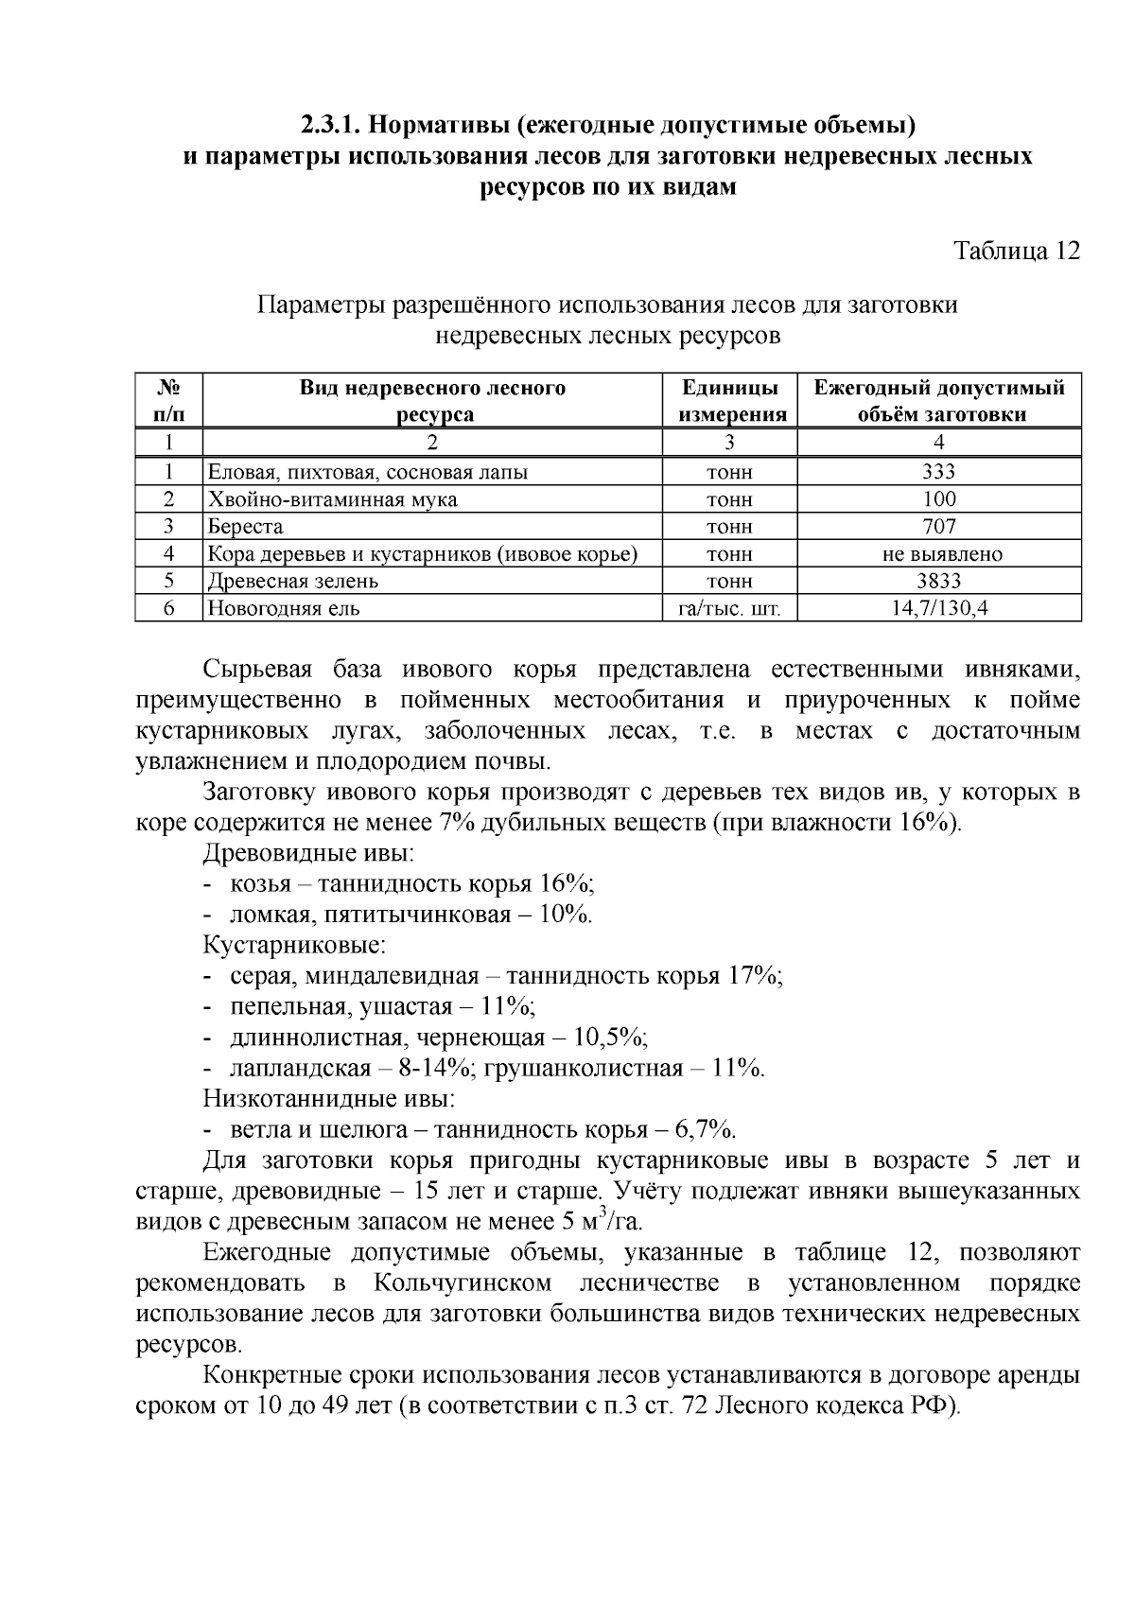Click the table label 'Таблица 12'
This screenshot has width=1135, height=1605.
1016,252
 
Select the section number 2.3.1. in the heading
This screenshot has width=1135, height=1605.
331,125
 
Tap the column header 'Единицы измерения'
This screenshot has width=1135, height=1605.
732,401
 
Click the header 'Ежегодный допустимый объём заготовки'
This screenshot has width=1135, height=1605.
939,401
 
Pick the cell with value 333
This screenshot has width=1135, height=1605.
938,472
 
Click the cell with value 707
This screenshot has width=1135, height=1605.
938,527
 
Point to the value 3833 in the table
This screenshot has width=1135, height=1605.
938,582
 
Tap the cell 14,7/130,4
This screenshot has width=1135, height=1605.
938,609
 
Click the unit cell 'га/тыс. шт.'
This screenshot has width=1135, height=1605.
730,609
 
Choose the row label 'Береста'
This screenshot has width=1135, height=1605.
245,527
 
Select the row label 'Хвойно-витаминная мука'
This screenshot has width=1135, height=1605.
332,499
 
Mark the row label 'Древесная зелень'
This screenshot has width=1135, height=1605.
293,582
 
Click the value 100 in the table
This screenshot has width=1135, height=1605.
938,499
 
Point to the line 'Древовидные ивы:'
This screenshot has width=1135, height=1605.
308,853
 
